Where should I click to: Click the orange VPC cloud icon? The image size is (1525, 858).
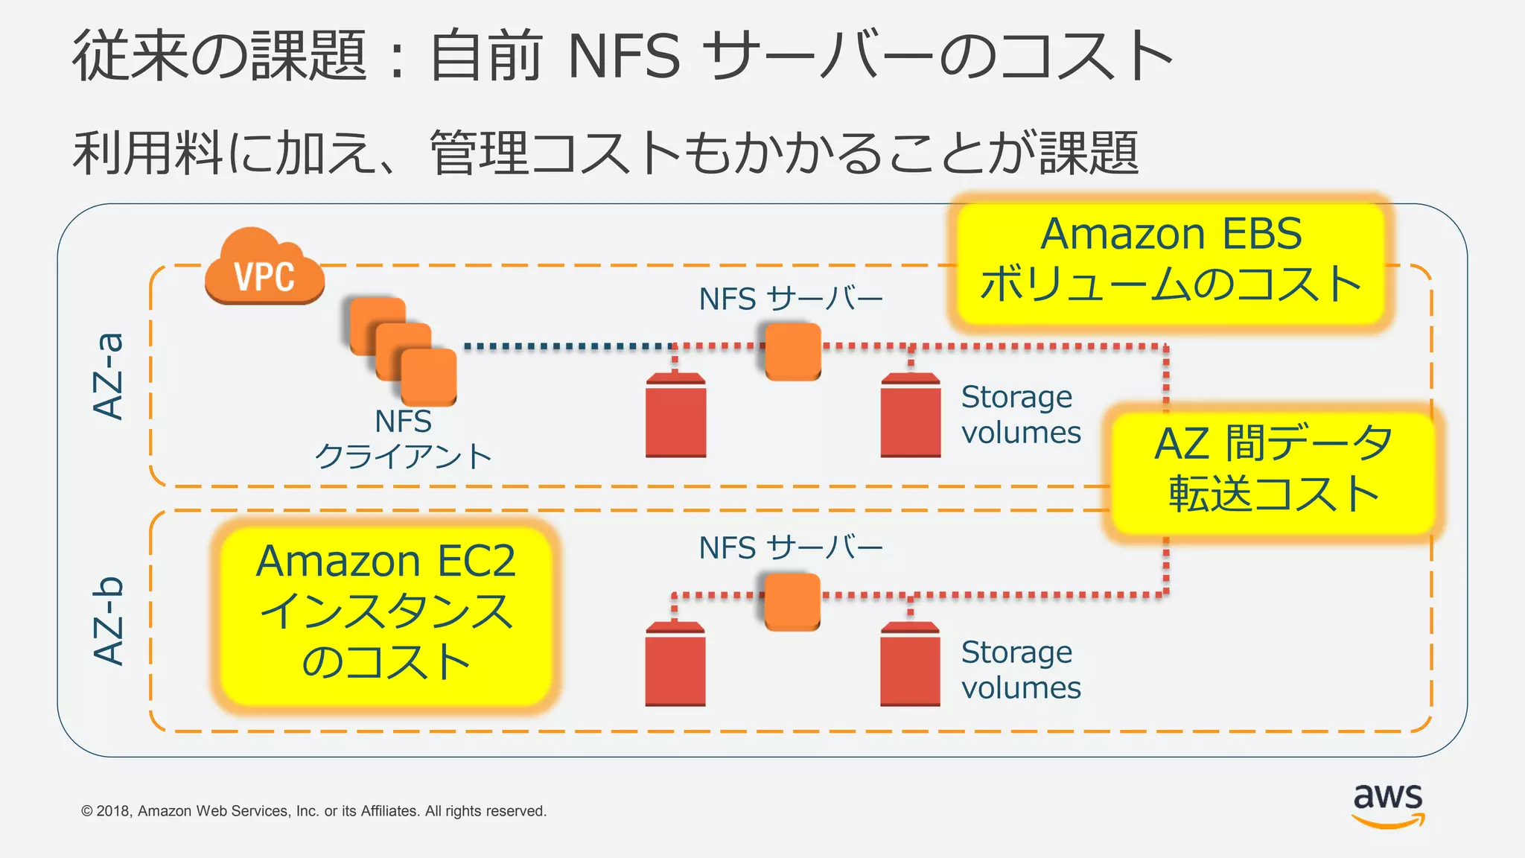[x=264, y=268]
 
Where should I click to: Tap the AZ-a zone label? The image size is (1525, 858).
[x=109, y=376]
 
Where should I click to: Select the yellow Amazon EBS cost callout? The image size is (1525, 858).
[x=1171, y=261]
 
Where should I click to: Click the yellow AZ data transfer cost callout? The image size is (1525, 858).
[x=1273, y=469]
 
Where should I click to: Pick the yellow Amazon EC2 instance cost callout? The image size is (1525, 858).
[x=386, y=612]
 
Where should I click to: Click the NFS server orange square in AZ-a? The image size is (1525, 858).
[x=793, y=351]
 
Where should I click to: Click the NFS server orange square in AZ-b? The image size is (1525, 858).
[x=792, y=601]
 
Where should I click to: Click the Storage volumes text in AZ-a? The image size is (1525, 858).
[x=1020, y=415]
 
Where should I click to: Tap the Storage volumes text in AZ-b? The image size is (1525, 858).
[x=1020, y=670]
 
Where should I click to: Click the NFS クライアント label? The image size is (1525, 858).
[x=404, y=439]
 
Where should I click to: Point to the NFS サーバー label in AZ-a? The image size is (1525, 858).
[x=791, y=299]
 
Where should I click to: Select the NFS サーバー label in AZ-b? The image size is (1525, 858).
[x=791, y=548]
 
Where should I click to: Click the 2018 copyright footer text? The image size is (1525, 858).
[x=313, y=811]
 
